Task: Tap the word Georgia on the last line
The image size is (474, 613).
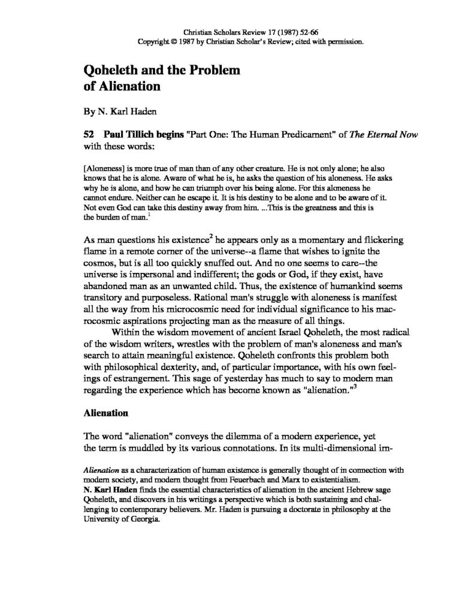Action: point(145,520)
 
